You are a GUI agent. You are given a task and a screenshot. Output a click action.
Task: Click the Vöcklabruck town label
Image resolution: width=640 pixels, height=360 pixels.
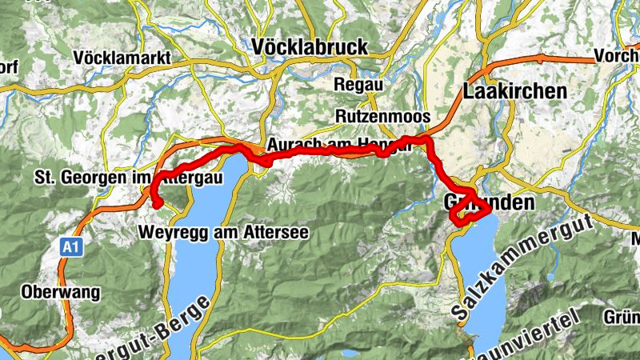tap(310, 47)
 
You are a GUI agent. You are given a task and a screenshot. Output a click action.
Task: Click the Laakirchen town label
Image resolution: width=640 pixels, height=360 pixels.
tap(514, 91)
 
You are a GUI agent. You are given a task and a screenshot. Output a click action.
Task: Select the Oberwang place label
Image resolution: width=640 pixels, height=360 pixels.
tap(62, 292)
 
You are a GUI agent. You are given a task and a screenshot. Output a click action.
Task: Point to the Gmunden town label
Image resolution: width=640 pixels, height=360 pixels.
tap(487, 203)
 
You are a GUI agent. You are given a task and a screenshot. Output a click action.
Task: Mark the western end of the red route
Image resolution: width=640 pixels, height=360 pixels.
tap(158, 204)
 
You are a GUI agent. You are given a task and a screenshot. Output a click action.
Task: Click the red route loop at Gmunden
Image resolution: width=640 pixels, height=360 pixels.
tap(468, 210)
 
